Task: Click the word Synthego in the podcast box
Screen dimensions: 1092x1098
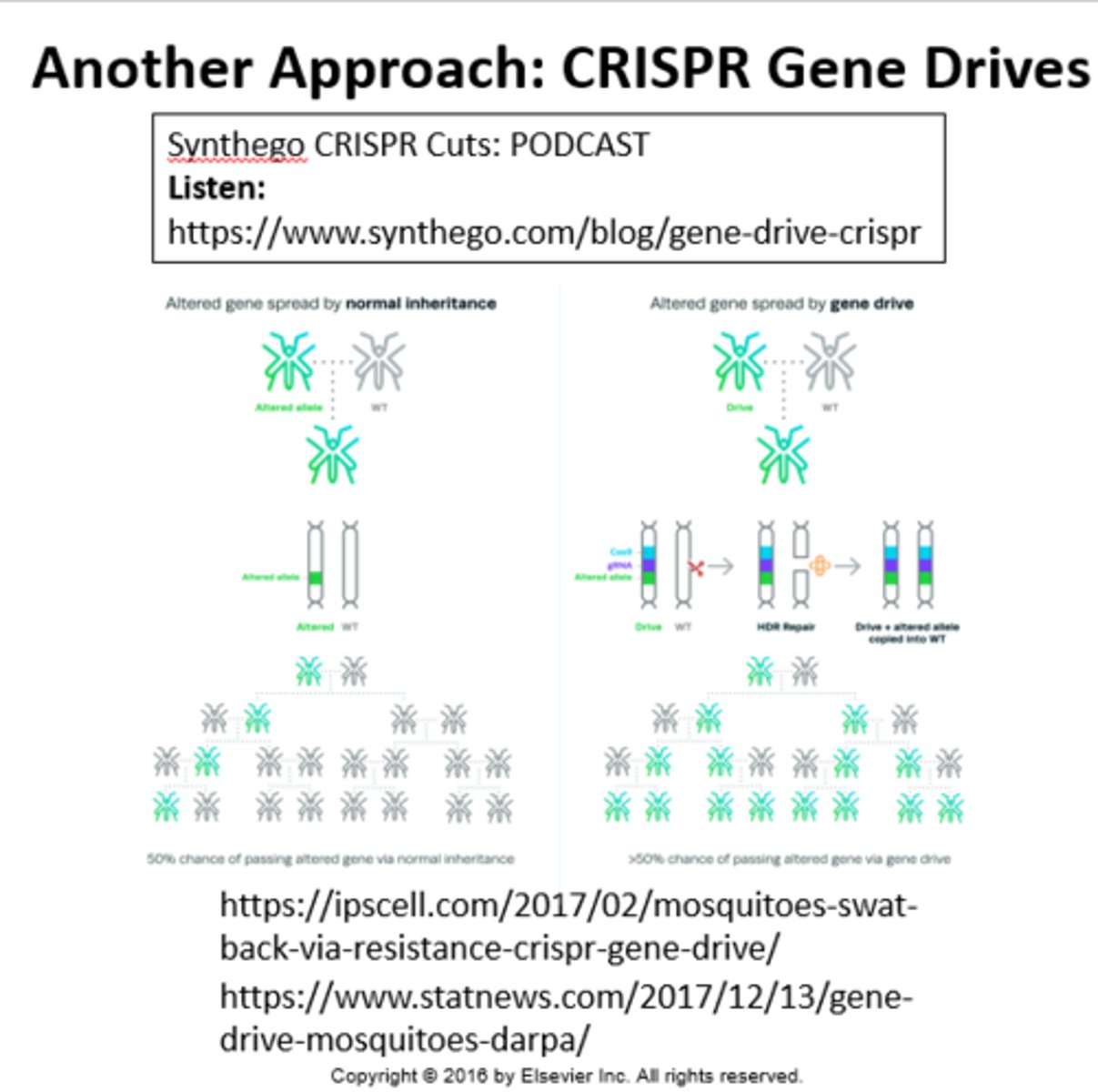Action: [237, 146]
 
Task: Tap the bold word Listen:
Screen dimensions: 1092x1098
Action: [217, 188]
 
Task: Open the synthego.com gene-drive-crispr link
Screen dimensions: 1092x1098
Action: [544, 232]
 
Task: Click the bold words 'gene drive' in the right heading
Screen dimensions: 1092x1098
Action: [871, 303]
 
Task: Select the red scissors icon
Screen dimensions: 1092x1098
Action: [696, 568]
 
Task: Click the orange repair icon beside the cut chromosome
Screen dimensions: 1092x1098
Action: [819, 565]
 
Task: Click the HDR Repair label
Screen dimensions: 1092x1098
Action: [786, 627]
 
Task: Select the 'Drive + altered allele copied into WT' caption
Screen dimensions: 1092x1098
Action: [907, 632]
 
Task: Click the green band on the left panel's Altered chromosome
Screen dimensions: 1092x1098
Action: [316, 578]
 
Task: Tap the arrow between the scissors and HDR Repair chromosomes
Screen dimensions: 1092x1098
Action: [720, 566]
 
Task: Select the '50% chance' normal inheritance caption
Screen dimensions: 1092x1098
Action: [330, 858]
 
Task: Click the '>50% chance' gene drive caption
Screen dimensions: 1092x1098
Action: [789, 858]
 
